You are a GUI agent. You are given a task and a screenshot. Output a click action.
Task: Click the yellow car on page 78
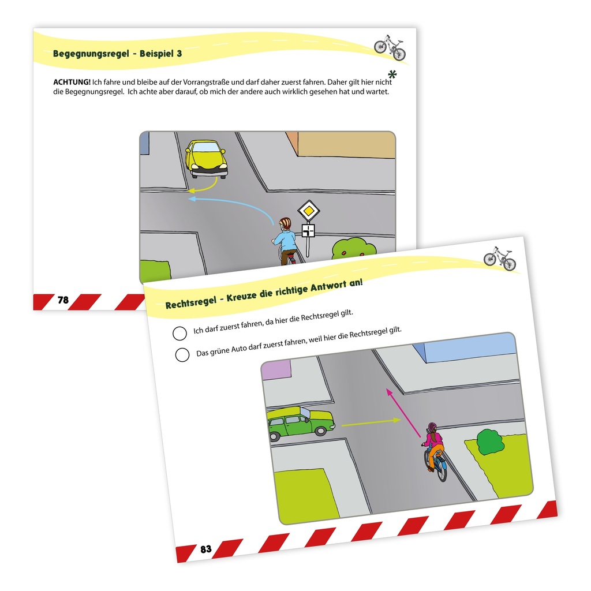(x=207, y=158)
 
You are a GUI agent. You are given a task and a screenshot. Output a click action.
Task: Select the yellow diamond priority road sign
(x=309, y=211)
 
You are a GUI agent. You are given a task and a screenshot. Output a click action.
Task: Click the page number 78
(x=63, y=300)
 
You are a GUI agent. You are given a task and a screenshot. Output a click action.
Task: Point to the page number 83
(x=206, y=549)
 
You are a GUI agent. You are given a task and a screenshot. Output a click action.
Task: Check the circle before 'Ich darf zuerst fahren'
(x=179, y=334)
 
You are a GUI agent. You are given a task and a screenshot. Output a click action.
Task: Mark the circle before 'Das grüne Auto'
(x=182, y=355)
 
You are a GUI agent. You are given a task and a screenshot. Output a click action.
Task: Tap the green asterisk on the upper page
(x=392, y=74)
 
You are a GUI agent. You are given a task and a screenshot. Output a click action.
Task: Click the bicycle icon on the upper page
(x=390, y=47)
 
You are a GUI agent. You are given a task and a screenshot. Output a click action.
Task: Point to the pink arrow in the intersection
(x=403, y=413)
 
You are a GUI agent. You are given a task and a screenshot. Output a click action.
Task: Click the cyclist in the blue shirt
(x=285, y=241)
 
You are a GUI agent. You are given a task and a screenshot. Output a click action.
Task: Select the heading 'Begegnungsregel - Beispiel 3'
(x=117, y=54)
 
